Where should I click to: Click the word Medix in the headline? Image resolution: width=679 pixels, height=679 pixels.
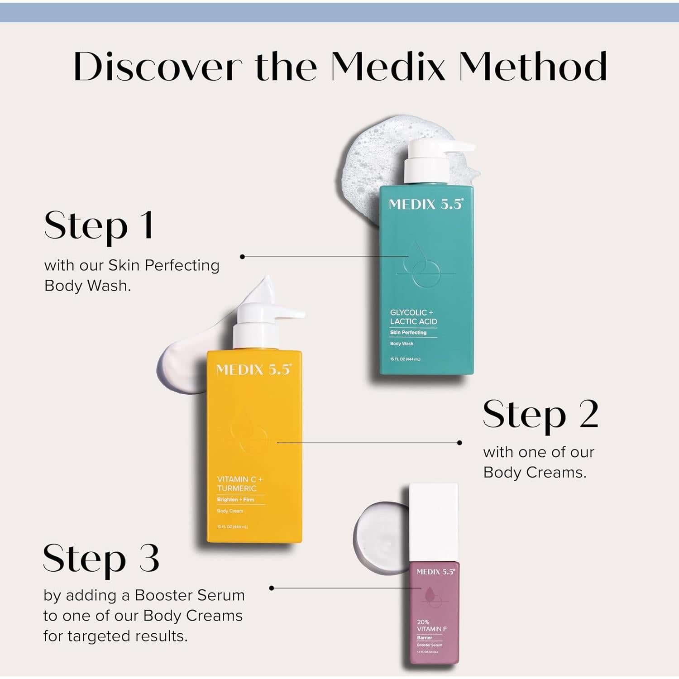tap(388, 67)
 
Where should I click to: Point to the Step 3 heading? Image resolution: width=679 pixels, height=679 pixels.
tap(101, 558)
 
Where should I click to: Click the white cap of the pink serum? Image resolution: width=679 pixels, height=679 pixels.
tap(433, 522)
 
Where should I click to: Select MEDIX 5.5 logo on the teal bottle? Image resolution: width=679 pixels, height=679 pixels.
tap(426, 204)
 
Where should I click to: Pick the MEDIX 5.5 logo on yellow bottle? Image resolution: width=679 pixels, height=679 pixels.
tap(253, 369)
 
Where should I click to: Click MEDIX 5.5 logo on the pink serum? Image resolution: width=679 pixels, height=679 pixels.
tap(435, 572)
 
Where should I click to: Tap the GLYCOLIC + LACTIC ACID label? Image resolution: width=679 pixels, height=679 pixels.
tap(413, 317)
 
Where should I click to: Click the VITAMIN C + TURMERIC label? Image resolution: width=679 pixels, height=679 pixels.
tap(239, 483)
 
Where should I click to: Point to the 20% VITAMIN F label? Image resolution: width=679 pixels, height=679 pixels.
tap(431, 626)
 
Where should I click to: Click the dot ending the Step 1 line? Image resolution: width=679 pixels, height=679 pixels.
tap(242, 257)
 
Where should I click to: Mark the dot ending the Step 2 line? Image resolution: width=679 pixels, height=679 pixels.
tap(459, 443)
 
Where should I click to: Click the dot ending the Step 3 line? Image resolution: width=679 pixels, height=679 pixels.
tap(272, 588)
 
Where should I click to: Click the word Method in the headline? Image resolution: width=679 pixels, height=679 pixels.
tap(532, 67)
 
